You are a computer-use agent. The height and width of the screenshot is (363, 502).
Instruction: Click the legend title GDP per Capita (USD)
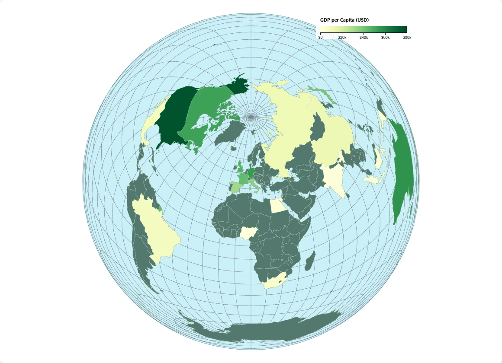[x=344, y=20]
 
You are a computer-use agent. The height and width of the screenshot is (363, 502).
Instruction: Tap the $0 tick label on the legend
[x=320, y=38]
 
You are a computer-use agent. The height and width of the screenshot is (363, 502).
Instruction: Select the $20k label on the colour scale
[x=342, y=38]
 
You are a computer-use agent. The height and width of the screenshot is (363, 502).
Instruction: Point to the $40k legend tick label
[x=364, y=38]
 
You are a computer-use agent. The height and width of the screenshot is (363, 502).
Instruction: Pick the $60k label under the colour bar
[x=385, y=38]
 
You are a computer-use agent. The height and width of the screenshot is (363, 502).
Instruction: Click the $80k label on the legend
[x=407, y=38]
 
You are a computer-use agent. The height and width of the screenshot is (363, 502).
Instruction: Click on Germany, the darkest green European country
[x=251, y=169]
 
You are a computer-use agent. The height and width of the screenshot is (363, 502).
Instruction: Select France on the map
[x=243, y=178]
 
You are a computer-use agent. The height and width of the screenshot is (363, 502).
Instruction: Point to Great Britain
[x=239, y=166]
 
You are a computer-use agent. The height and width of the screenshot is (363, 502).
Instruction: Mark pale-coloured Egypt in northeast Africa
[x=278, y=206]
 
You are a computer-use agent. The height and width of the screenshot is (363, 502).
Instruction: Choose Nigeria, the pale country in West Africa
[x=248, y=233]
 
